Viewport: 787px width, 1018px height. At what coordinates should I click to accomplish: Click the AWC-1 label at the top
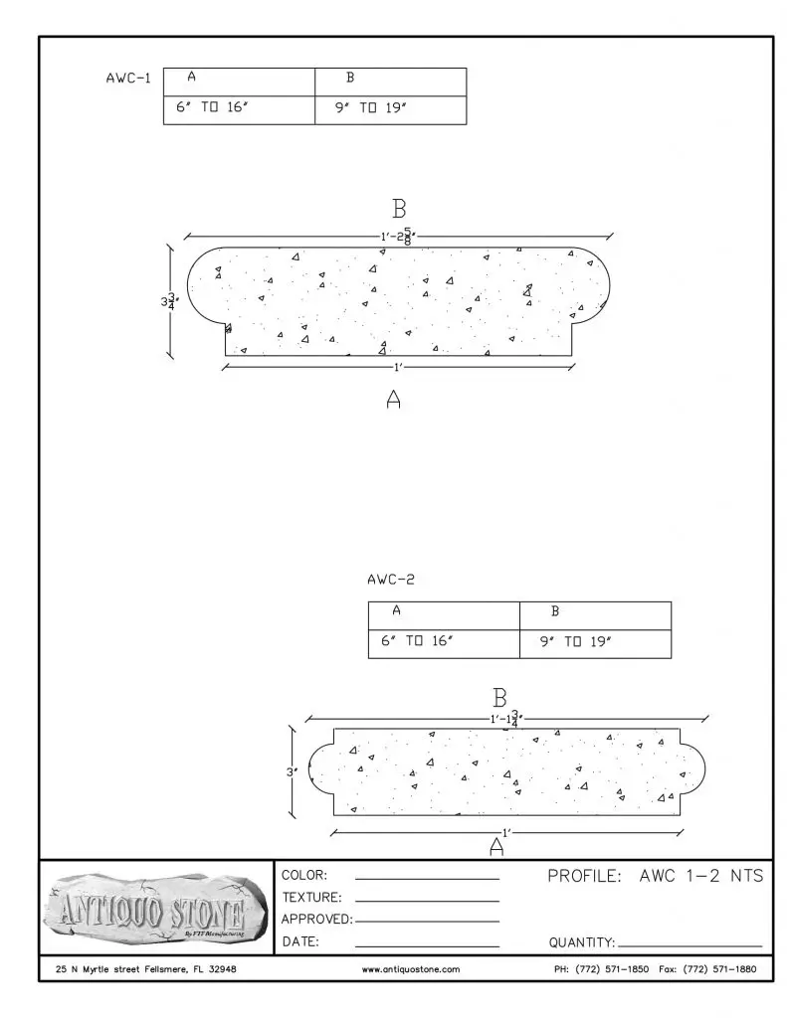[x=127, y=79]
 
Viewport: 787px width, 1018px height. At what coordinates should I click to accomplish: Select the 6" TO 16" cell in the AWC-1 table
[x=211, y=108]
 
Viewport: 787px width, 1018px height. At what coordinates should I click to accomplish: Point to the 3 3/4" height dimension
[x=171, y=300]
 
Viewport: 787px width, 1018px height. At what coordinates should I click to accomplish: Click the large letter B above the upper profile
[x=399, y=210]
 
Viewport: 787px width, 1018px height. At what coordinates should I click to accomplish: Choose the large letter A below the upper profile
[x=394, y=400]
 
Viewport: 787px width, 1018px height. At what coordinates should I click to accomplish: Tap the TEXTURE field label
[x=312, y=898]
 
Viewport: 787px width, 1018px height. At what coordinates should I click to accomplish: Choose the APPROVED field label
[x=317, y=920]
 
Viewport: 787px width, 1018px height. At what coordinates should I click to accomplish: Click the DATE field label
[x=300, y=941]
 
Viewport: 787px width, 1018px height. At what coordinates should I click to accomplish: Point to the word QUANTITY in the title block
[x=582, y=942]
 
